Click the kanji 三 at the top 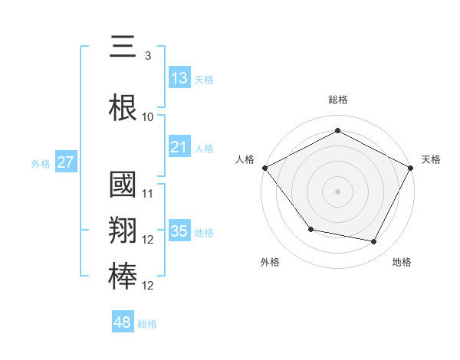(123, 48)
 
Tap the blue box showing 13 (179, 77)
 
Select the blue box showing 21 (179, 147)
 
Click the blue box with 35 (179, 231)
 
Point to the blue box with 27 (65, 162)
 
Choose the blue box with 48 (123, 322)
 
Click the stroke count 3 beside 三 (147, 56)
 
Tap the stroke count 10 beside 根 (148, 116)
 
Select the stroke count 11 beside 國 (148, 193)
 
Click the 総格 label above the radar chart (337, 100)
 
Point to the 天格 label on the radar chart (431, 159)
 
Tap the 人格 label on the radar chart (245, 159)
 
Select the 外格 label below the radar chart (270, 262)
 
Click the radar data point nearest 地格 (374, 242)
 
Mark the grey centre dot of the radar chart (337, 191)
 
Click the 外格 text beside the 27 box (41, 163)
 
